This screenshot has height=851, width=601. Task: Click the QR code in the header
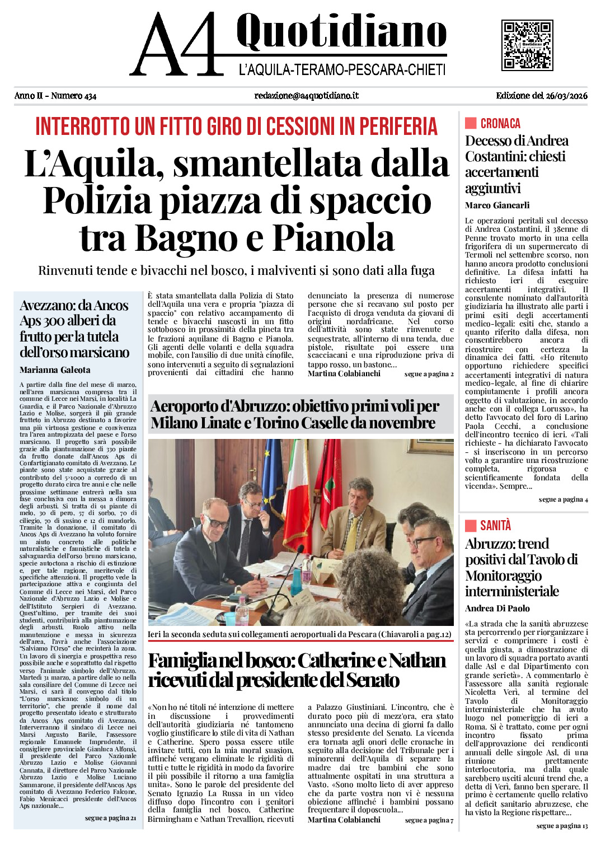point(527,45)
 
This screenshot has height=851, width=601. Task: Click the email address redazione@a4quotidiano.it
point(306,96)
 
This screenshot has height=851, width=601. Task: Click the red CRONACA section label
point(500,124)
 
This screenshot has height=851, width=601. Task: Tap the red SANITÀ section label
point(495,525)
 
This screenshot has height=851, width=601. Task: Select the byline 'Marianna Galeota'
point(55,370)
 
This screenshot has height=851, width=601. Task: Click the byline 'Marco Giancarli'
point(497,205)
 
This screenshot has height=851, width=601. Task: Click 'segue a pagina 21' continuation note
point(110,818)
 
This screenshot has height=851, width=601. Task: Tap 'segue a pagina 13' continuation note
point(562,826)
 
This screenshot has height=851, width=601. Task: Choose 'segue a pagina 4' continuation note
point(563,499)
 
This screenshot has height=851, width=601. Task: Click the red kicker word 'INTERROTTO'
point(83,127)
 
